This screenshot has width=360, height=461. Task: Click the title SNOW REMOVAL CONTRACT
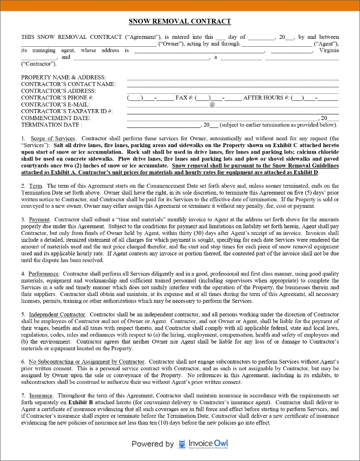tap(180, 21)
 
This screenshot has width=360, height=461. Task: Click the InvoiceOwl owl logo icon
tap(182, 444)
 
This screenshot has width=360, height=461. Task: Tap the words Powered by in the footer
tap(153, 444)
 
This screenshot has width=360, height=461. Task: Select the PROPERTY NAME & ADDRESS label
tap(63, 77)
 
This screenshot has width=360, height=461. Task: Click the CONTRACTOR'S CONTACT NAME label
tap(68, 84)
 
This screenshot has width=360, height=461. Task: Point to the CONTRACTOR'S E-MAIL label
tap(55, 104)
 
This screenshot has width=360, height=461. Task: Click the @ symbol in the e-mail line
tap(212, 105)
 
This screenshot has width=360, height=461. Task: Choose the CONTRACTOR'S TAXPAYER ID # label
tap(67, 111)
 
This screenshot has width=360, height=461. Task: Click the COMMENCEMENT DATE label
tap(56, 118)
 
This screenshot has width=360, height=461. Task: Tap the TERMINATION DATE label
tap(51, 125)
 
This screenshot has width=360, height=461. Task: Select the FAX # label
tap(184, 98)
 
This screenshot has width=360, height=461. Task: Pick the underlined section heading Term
tap(36, 186)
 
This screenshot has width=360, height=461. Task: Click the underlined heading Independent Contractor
tap(57, 314)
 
